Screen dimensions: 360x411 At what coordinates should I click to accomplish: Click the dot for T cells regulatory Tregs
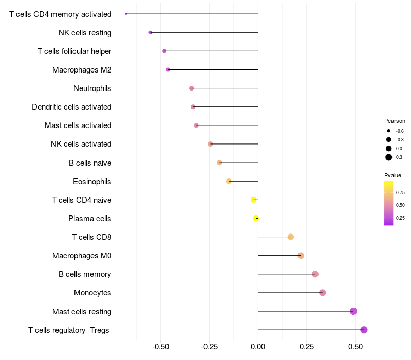tap(364, 330)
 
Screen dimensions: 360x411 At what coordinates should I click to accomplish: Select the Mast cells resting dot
tap(353, 311)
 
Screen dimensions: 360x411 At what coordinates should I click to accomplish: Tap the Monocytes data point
tap(322, 293)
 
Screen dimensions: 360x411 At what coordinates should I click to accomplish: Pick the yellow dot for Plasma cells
tap(256, 219)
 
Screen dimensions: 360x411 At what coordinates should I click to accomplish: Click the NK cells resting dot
tap(151, 32)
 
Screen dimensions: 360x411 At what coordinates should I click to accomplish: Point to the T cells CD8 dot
tap(291, 237)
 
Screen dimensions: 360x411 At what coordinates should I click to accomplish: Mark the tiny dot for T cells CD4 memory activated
tap(126, 14)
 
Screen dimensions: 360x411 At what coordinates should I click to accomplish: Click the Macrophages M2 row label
tap(82, 70)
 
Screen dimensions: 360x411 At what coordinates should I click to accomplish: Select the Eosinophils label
tap(92, 182)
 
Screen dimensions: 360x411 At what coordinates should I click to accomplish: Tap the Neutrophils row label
tap(92, 88)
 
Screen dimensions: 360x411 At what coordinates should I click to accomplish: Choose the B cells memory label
tap(85, 274)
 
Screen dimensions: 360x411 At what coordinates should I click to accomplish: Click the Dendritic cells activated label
tap(71, 107)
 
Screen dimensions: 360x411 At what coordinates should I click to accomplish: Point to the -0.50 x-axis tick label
tap(161, 347)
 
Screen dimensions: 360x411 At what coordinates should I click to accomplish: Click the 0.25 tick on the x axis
tap(307, 347)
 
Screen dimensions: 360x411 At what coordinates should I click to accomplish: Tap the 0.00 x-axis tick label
tap(258, 347)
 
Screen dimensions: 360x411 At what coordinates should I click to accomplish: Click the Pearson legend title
tap(395, 121)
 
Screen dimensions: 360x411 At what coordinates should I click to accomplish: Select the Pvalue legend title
tap(393, 175)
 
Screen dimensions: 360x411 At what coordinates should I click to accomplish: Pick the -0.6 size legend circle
tap(389, 131)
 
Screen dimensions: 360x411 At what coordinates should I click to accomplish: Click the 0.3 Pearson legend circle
tap(389, 157)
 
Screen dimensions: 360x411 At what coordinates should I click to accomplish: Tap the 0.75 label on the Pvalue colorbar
tap(400, 193)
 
